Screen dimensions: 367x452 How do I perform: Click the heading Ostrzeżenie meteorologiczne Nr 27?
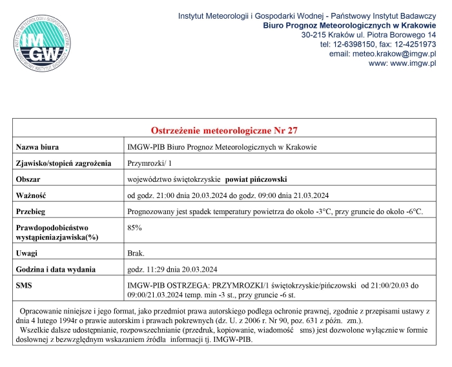pyautogui.click(x=224, y=130)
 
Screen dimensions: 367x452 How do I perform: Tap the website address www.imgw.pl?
pyautogui.click(x=402, y=63)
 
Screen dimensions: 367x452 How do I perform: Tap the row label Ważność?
pyautogui.click(x=32, y=195)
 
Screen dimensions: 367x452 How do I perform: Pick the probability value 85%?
pyautogui.click(x=135, y=227)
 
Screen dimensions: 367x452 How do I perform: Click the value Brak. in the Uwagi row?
pyautogui.click(x=136, y=253)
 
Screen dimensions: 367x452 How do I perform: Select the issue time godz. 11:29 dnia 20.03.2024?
pyautogui.click(x=172, y=269)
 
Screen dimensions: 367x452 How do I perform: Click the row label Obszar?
pyautogui.click(x=30, y=179)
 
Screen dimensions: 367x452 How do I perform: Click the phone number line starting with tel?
pyautogui.click(x=378, y=44)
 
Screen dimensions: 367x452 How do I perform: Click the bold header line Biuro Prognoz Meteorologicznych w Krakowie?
pyautogui.click(x=350, y=25)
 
